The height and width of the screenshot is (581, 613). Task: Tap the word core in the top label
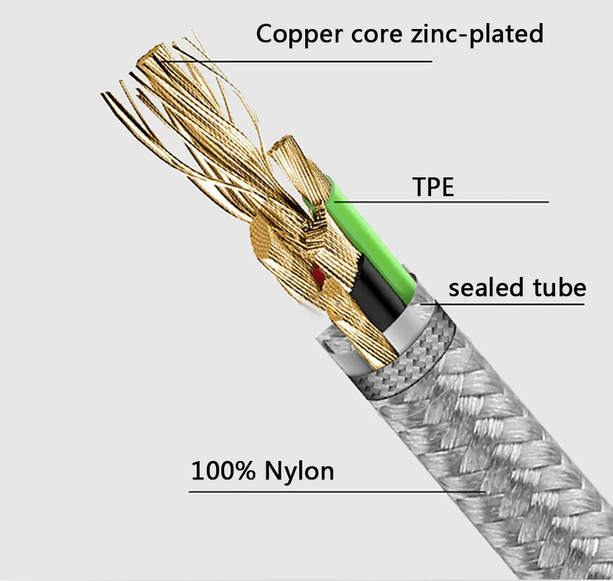tap(377, 34)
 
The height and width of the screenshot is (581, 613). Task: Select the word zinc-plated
tap(477, 34)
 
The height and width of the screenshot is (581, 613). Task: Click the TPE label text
tap(433, 187)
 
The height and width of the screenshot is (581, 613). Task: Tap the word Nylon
tap(299, 472)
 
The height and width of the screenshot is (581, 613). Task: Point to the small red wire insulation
tap(317, 274)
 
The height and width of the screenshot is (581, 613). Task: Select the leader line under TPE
tap(441, 202)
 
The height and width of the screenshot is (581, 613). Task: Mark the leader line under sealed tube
tap(502, 304)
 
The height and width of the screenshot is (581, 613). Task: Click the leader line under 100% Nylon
tap(337, 492)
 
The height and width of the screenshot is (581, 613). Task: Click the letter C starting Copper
tap(265, 34)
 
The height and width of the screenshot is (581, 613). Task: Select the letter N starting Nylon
tap(274, 471)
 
